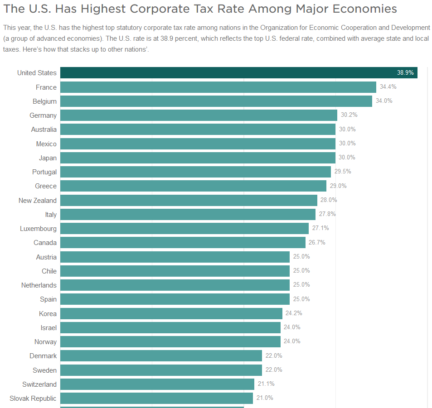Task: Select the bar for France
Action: tap(218, 87)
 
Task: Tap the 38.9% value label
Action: tap(405, 73)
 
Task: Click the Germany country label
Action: tap(43, 115)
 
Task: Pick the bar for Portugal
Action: tap(195, 172)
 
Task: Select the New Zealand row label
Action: tap(38, 201)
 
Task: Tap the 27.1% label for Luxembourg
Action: tap(320, 228)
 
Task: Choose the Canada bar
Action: tap(183, 243)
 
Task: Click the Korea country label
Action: tap(48, 314)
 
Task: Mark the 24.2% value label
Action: tap(294, 313)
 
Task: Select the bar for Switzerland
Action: tap(157, 384)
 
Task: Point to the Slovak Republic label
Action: tap(33, 398)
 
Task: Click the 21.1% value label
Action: tap(266, 384)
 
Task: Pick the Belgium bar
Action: tap(216, 101)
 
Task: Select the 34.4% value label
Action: tap(388, 86)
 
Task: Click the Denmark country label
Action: tap(43, 356)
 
